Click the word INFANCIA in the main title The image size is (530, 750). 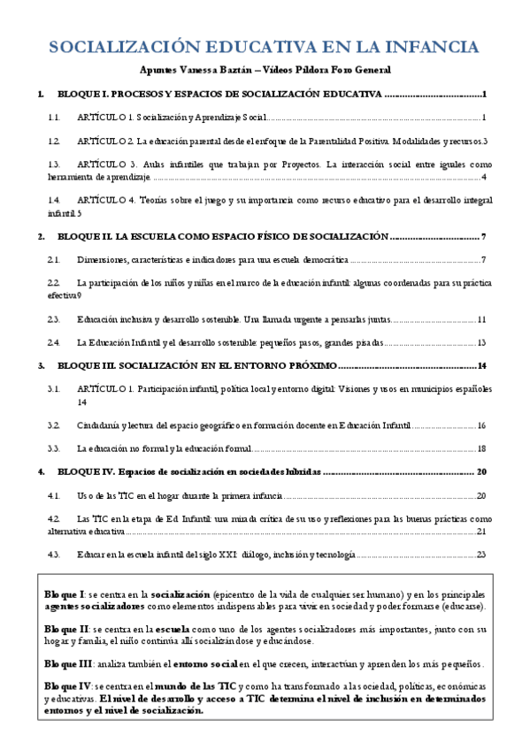tap(431, 46)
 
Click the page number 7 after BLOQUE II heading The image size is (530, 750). tap(485, 237)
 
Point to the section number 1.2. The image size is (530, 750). tap(54, 141)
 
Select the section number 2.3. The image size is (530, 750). tap(54, 319)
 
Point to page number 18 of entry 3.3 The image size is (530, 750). tap(482, 449)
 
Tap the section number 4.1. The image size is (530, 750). tap(54, 496)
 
